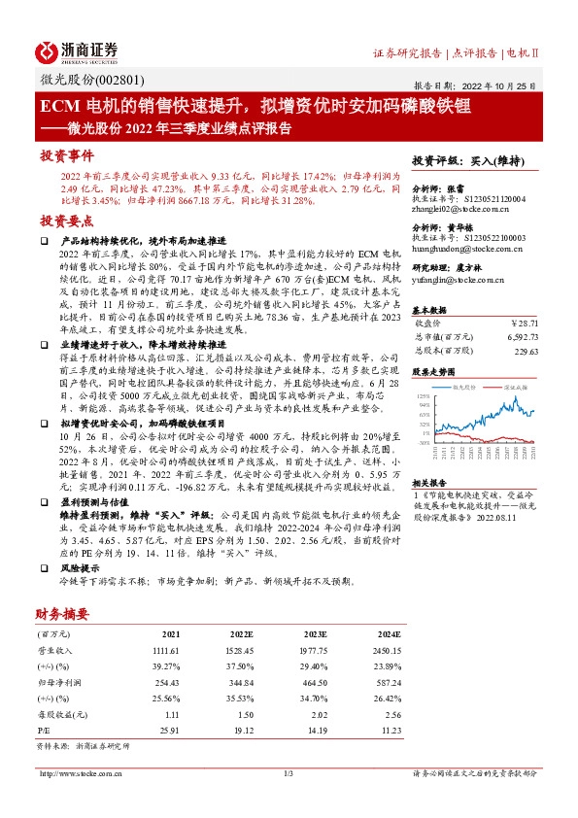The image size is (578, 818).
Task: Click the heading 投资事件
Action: (67, 155)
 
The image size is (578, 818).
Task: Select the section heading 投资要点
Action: (67, 221)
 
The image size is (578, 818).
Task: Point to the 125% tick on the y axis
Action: (424, 397)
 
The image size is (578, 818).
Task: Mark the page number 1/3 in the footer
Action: (288, 773)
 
